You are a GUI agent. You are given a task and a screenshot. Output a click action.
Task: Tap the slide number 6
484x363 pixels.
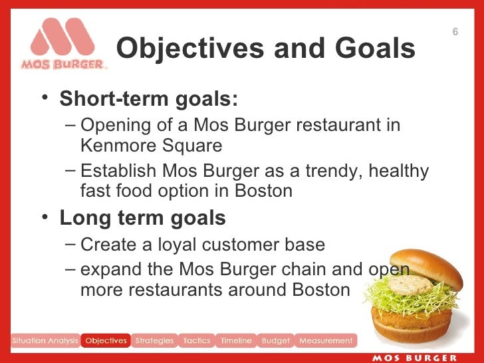tap(455, 33)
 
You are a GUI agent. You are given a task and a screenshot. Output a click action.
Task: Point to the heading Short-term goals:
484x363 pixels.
tap(148, 100)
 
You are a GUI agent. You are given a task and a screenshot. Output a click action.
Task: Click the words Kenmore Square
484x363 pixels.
tap(150, 144)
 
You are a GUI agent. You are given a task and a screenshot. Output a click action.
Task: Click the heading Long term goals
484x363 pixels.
tap(142, 217)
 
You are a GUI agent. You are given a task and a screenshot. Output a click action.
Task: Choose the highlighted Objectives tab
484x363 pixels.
tap(106, 341)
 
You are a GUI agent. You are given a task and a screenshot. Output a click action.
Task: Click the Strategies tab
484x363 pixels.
tap(154, 341)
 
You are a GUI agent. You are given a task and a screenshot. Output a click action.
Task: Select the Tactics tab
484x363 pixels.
tap(197, 341)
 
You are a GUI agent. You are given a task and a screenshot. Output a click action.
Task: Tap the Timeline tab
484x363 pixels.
tap(236, 341)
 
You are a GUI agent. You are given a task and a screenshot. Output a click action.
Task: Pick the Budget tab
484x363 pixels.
tap(275, 341)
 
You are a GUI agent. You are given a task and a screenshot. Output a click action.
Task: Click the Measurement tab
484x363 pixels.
tap(326, 341)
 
